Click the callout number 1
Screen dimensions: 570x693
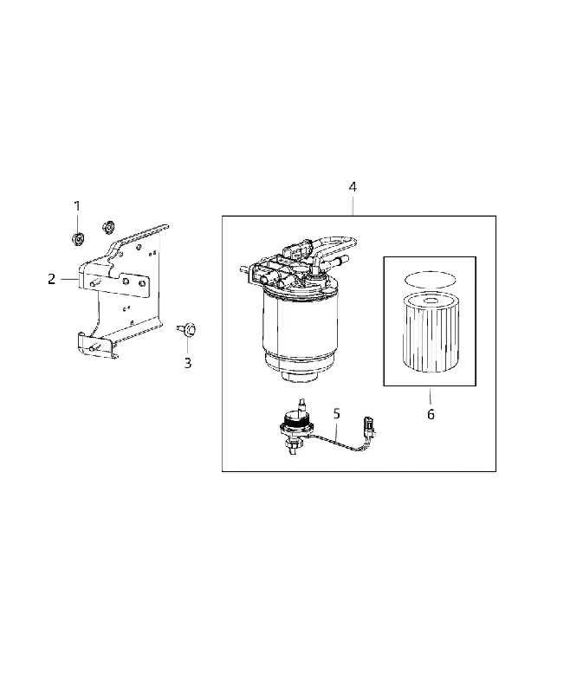[x=77, y=206]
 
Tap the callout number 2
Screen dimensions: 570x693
[x=52, y=279]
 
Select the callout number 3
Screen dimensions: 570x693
[x=188, y=363]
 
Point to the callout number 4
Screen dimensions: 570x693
[x=353, y=187]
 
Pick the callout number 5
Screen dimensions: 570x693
[x=337, y=414]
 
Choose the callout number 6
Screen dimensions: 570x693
[x=431, y=415]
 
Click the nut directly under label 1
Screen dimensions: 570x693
[x=78, y=239]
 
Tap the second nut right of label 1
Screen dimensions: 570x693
[x=107, y=227]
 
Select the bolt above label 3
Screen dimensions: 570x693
[x=187, y=329]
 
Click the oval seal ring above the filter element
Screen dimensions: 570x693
[x=430, y=280]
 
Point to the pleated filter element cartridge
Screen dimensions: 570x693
[x=431, y=332]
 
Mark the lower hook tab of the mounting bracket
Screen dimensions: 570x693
[x=97, y=345]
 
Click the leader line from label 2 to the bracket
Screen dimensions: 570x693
[x=70, y=279]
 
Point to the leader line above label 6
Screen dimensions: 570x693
[x=430, y=397]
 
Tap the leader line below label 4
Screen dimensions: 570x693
[x=353, y=205]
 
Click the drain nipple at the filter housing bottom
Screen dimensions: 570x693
[x=299, y=377]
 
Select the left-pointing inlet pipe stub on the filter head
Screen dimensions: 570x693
[x=246, y=268]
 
